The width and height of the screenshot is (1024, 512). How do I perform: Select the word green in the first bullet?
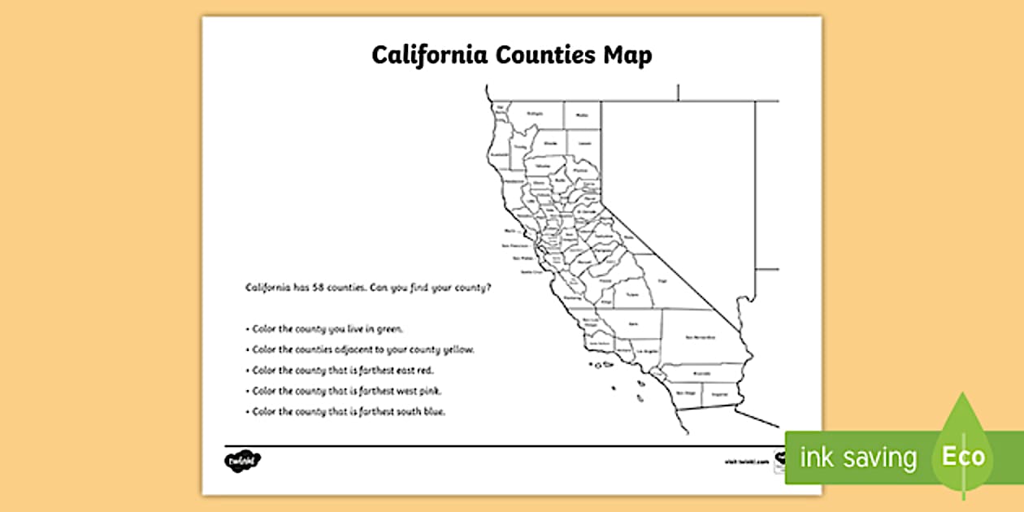point(388,329)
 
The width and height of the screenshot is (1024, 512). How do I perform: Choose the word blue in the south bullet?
point(435,412)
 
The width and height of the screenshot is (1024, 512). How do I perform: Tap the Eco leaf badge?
point(963,456)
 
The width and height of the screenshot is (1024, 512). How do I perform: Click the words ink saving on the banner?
point(858,458)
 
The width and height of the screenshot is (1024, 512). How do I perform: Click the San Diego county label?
point(687,393)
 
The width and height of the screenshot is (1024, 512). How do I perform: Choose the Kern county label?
point(632,323)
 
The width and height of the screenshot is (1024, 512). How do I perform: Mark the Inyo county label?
point(662,280)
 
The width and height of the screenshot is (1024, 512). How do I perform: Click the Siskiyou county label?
point(534,114)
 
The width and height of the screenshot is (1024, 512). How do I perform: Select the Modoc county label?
point(582,115)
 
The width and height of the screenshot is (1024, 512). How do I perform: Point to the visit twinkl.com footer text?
point(741,461)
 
